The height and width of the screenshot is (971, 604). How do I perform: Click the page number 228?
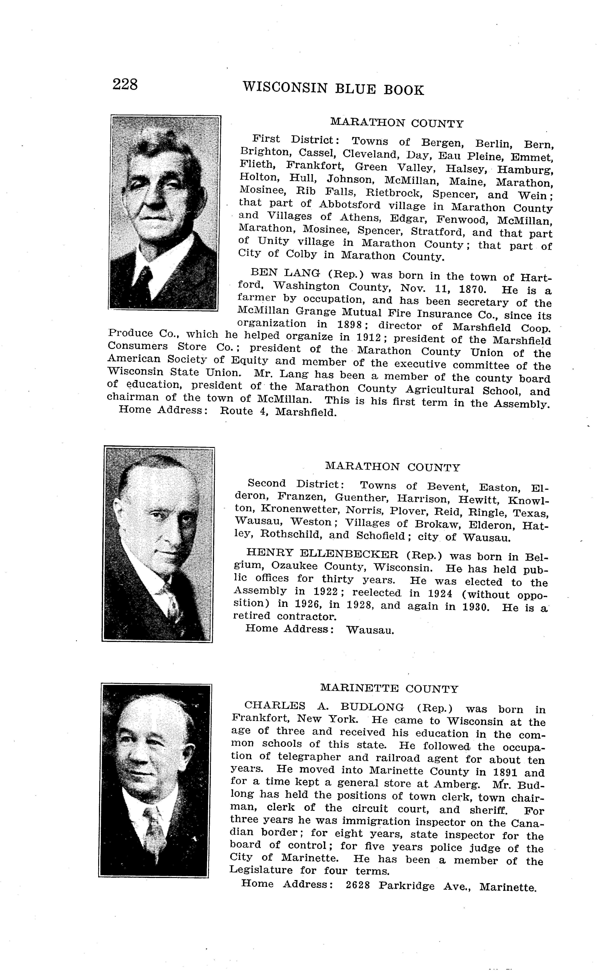125,85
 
